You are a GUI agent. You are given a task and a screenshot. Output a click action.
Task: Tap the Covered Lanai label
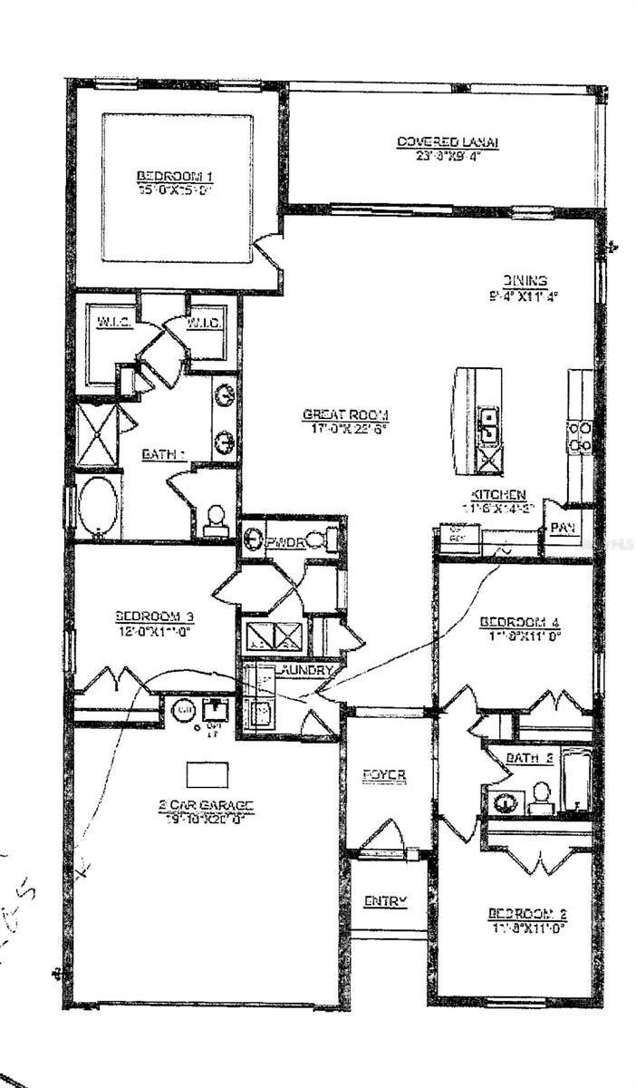[x=448, y=142]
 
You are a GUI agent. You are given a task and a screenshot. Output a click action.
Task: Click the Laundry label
[x=311, y=670]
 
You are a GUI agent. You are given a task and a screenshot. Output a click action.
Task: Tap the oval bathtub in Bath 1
[x=98, y=506]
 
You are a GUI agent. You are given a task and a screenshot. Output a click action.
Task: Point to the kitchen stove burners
[x=580, y=436]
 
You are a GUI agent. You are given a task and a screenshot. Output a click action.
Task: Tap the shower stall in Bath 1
[x=96, y=435]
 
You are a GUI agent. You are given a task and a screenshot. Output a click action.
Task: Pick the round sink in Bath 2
[x=505, y=801]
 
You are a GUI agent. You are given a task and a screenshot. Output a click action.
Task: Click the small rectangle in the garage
[x=207, y=774]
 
